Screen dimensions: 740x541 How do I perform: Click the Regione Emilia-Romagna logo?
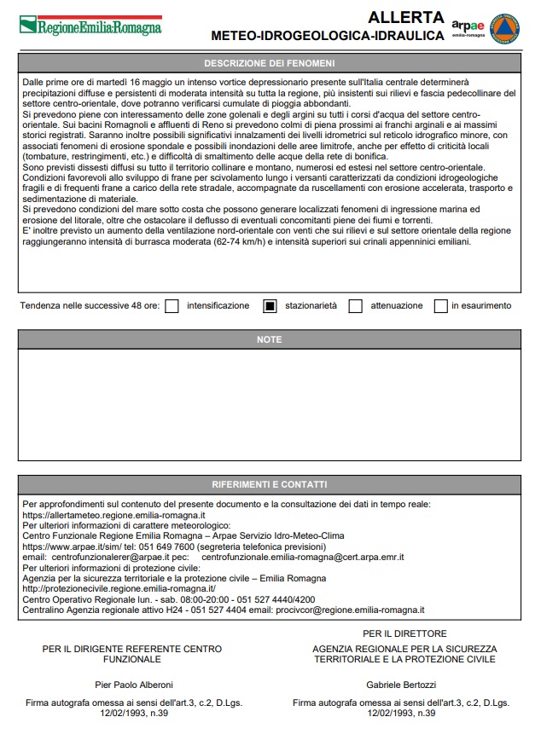point(90,26)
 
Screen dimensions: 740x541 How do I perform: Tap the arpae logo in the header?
point(468,27)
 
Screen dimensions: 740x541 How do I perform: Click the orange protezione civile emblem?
point(505,27)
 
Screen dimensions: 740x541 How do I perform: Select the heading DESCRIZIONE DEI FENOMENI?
point(269,63)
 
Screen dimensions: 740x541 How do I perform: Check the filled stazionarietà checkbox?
point(270,306)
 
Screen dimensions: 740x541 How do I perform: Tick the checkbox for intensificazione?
point(172,306)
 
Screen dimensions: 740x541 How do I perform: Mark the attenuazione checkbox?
point(356,306)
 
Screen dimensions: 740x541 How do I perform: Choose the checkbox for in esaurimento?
point(440,306)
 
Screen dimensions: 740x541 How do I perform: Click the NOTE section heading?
point(269,339)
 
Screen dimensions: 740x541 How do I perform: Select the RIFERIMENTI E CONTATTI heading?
point(269,484)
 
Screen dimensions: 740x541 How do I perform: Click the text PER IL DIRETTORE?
point(404,633)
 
